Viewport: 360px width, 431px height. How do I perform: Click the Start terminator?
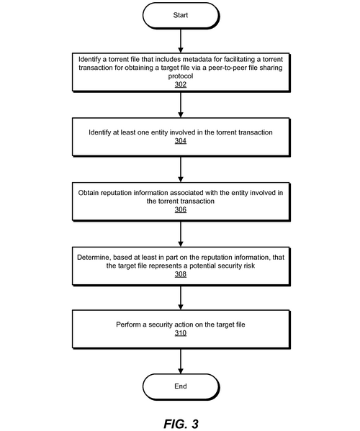181,15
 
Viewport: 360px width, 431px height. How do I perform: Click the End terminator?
181,386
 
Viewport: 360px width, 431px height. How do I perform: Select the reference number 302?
181,84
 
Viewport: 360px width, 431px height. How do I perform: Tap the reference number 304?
181,141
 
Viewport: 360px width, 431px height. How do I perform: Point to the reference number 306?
181,209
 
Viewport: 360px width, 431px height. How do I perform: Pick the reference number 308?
181,274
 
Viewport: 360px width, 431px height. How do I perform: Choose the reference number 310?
181,333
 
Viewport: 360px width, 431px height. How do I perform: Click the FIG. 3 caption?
181,424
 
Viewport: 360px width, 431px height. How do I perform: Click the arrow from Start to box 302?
181,41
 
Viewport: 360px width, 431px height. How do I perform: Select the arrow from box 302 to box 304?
181,105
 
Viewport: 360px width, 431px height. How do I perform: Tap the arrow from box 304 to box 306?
181,169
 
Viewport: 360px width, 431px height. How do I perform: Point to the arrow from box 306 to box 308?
181,234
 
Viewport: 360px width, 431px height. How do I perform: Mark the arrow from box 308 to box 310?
181,298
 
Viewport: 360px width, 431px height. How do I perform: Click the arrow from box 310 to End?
181,361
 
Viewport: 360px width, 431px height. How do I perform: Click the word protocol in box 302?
181,76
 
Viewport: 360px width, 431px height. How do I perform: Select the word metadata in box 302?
196,60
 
